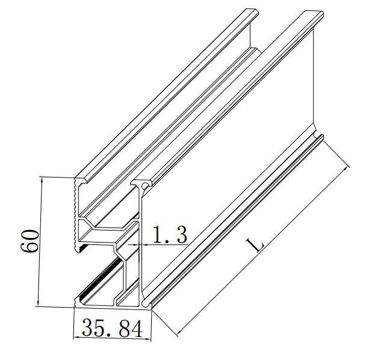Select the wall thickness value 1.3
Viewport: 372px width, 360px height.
[x=169, y=235]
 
